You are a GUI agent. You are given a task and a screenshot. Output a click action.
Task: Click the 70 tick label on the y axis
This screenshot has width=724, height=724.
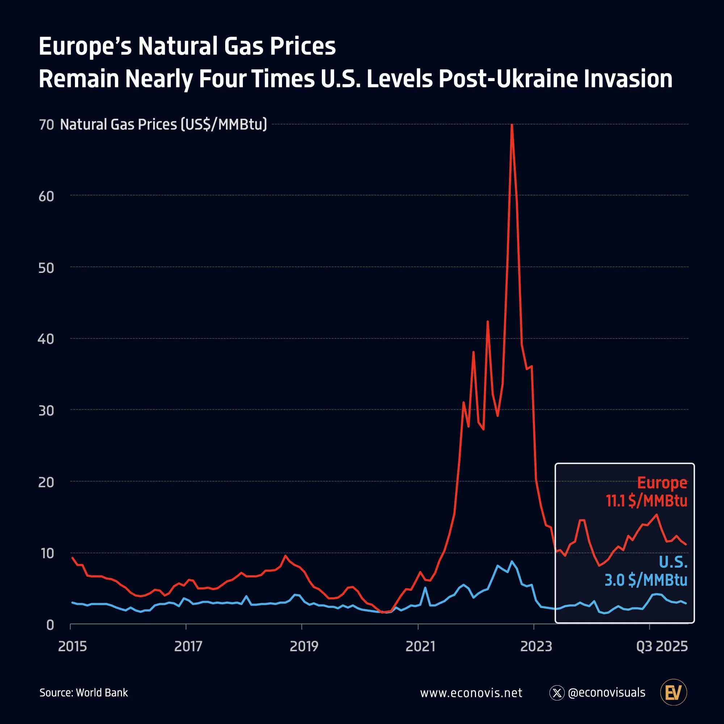pos(46,125)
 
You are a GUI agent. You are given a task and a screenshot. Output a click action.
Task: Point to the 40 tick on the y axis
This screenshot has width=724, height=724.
pos(46,339)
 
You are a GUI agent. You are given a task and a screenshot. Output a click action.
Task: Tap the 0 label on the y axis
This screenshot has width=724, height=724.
pos(50,625)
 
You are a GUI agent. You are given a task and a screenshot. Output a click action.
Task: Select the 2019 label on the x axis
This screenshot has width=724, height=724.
pos(304,647)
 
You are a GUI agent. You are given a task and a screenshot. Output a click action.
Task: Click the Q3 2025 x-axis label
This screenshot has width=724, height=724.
pos(662,647)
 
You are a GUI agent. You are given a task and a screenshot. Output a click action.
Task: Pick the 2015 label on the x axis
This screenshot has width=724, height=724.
pos(72,647)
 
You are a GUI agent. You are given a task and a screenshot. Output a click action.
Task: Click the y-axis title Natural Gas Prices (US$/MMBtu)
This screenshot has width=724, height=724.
pos(163,125)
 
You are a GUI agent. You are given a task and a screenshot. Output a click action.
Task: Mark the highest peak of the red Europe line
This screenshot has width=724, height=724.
pos(512,125)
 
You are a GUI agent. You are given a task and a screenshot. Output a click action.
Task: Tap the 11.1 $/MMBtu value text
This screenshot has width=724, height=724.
pos(647,501)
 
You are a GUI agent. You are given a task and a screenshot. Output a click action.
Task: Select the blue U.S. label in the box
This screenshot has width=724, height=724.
pos(673,562)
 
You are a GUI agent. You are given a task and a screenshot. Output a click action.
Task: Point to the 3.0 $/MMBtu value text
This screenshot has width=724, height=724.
pos(646,580)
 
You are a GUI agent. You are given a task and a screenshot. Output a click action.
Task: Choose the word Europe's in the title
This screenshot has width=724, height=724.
pos(85,46)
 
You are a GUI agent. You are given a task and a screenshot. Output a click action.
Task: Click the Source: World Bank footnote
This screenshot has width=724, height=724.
pos(84,693)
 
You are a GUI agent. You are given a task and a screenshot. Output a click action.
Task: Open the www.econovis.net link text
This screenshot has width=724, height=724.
pos(471,693)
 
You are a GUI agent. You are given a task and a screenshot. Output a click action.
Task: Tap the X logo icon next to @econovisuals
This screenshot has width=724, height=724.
pos(557,693)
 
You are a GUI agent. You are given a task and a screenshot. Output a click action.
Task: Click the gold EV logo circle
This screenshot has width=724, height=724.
pos(673,693)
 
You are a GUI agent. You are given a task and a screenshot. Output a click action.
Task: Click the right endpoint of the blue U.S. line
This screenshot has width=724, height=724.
pos(686,603)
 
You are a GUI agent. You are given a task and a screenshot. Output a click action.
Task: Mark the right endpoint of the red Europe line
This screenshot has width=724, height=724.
pos(686,544)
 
